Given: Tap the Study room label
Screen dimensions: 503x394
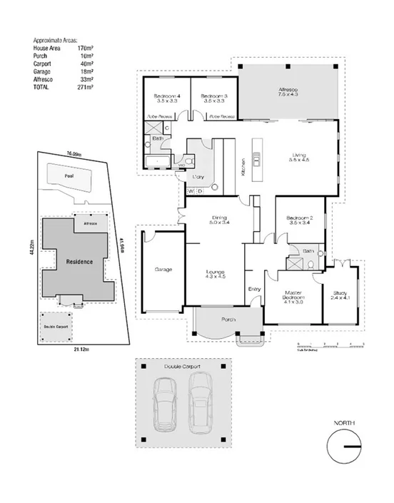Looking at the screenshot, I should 340,295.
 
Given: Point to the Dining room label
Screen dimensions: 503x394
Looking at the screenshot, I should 218,220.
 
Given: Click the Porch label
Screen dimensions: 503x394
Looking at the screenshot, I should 228,319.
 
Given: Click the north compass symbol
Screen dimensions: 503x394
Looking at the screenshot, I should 343,447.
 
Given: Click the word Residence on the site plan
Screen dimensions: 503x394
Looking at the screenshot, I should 79,262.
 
